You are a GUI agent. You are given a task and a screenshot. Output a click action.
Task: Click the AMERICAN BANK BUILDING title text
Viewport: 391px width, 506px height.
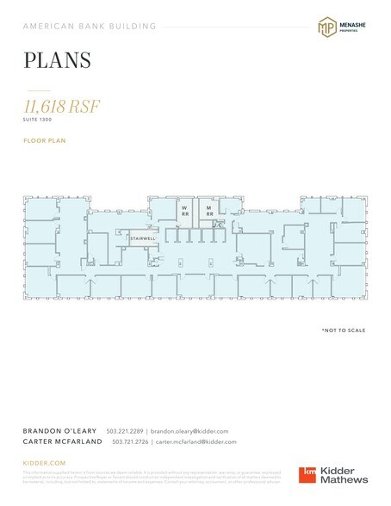(x=90, y=27)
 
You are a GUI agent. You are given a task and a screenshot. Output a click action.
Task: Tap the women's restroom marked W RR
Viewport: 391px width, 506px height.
(x=183, y=211)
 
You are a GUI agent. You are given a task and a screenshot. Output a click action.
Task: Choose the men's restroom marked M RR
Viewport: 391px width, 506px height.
(x=208, y=211)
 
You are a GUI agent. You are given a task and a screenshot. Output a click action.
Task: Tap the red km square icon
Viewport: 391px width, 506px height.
(x=307, y=474)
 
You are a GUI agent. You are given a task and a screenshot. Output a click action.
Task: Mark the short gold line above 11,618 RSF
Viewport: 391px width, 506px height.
(x=39, y=89)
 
